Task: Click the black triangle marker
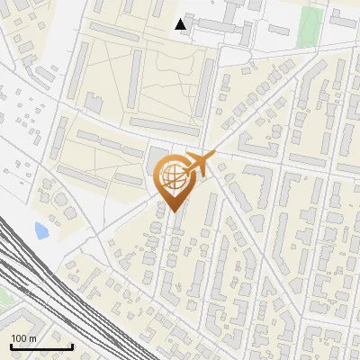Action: pyautogui.click(x=182, y=24)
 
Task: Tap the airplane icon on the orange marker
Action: pyautogui.click(x=198, y=165)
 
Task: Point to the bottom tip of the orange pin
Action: pyautogui.click(x=172, y=211)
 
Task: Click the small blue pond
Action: pyautogui.click(x=41, y=231)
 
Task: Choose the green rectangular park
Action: pyautogui.click(x=310, y=26)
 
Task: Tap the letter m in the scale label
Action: pyautogui.click(x=33, y=338)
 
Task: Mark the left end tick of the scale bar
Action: pyautogui.click(x=11, y=346)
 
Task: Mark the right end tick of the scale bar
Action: pyautogui.click(x=72, y=346)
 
